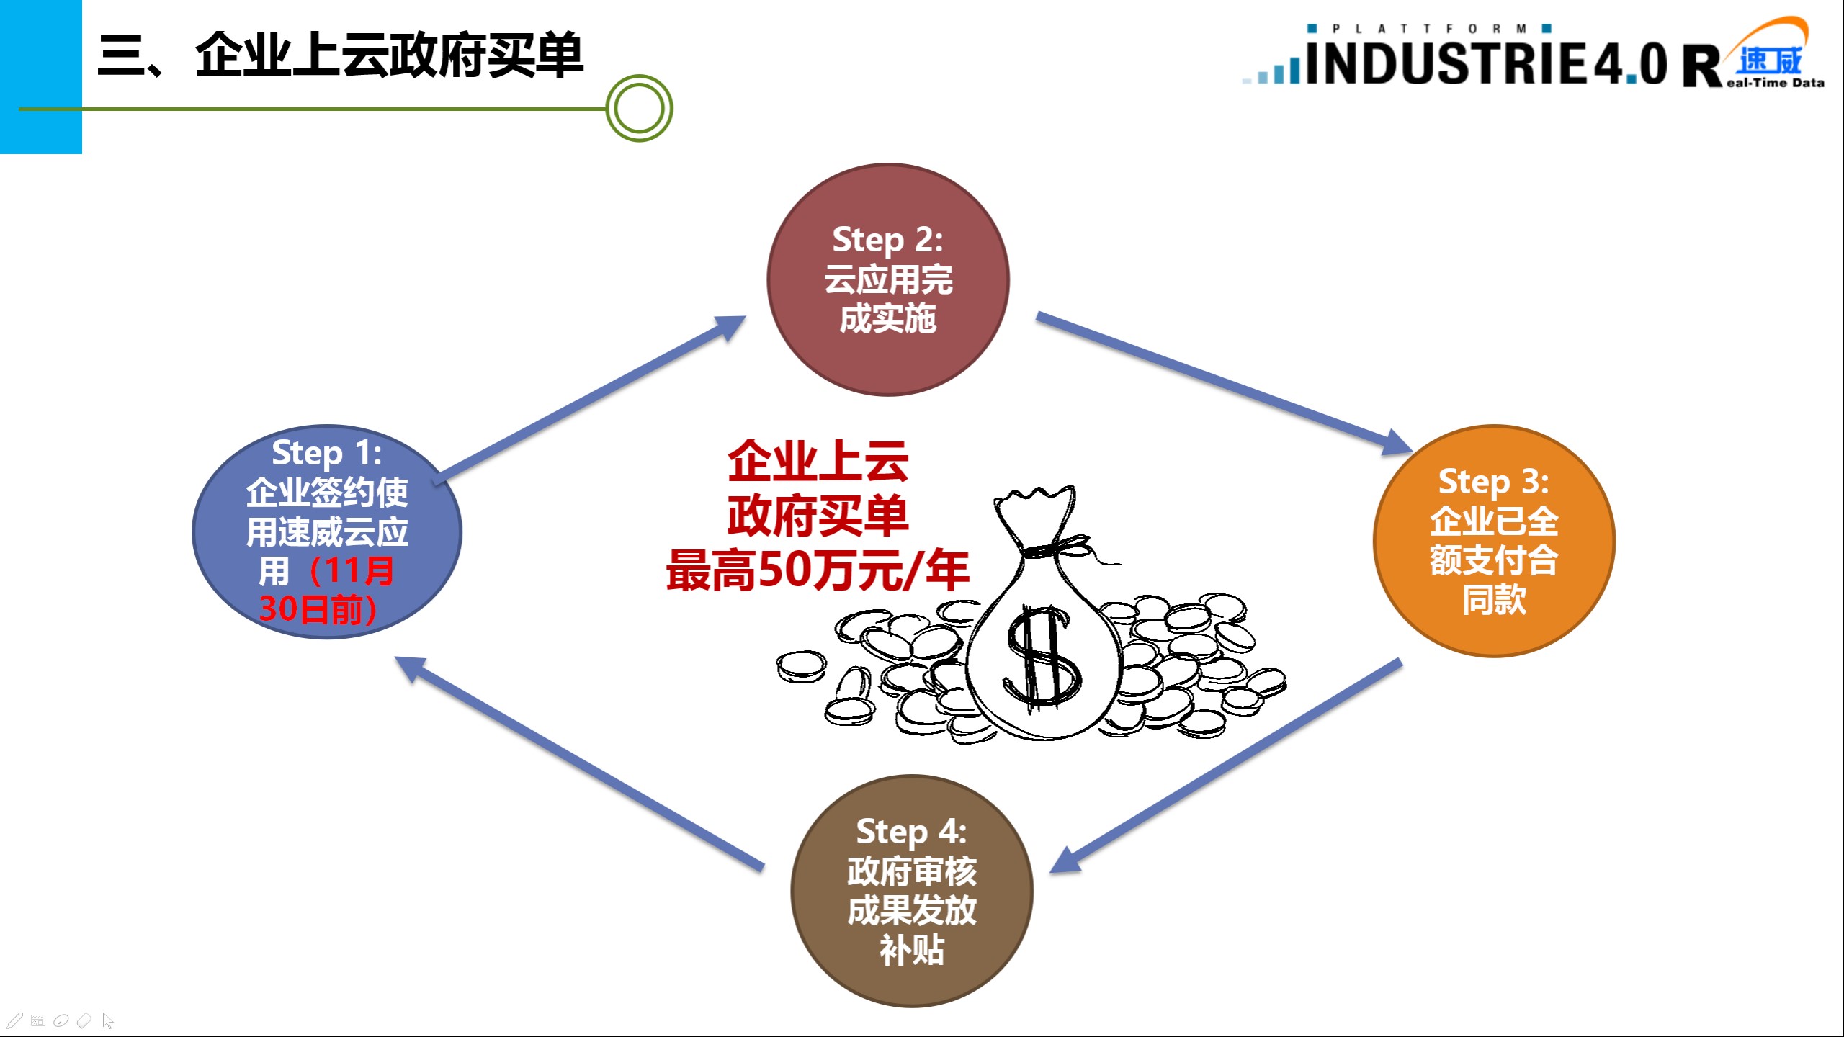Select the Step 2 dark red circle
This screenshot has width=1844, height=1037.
887,360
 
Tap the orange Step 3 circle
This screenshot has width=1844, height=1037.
1494,634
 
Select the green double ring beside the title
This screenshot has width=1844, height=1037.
639,109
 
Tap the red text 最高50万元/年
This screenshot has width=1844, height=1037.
817,570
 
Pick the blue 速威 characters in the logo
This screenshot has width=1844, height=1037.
1769,60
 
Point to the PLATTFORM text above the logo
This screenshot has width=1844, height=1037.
1429,29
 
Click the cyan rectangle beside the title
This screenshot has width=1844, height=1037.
40,76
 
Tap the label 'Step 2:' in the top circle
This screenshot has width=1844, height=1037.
887,240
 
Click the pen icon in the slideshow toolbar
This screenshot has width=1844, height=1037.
14,1020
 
